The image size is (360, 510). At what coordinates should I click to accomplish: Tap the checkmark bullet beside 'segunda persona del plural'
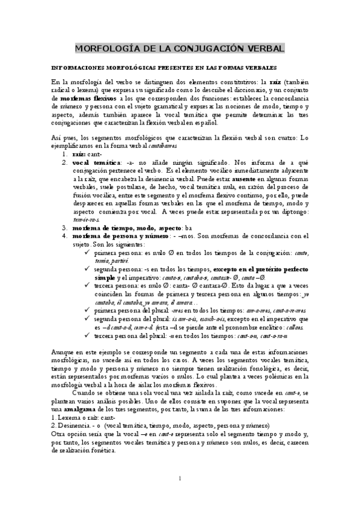tap(89, 319)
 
